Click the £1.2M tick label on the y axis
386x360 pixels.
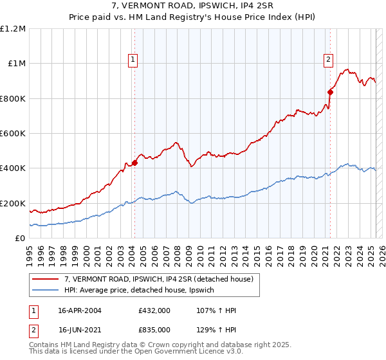12,29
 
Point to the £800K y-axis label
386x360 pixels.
12,99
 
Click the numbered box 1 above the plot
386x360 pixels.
133,60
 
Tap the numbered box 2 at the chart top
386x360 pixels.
328,60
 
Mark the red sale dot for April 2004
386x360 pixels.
135,163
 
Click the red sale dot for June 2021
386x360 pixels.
331,92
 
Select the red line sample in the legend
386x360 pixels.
46,279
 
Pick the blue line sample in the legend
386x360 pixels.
46,291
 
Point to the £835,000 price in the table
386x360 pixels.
154,329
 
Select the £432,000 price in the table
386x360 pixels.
154,310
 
